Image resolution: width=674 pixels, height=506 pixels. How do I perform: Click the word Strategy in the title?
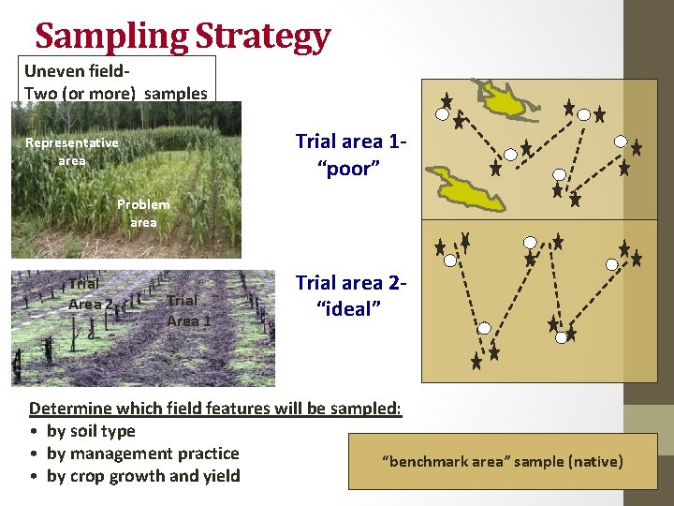[264, 36]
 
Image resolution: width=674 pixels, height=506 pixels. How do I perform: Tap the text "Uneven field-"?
[77, 71]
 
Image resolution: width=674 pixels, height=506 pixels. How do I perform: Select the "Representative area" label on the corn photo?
[72, 151]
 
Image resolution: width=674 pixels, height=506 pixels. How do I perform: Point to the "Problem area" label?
[143, 213]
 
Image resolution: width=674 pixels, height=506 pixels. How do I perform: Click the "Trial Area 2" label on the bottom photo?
[90, 293]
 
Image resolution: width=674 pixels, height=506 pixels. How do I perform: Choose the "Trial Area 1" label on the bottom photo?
[188, 310]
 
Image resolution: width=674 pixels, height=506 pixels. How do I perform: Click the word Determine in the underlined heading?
[72, 409]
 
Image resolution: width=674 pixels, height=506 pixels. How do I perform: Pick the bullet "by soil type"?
[91, 431]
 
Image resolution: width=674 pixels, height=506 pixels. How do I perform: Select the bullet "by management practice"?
[142, 454]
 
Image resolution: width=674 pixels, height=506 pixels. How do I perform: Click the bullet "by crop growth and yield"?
[143, 476]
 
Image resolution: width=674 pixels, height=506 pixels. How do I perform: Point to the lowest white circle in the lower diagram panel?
[485, 328]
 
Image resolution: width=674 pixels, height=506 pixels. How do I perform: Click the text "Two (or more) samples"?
[116, 93]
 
